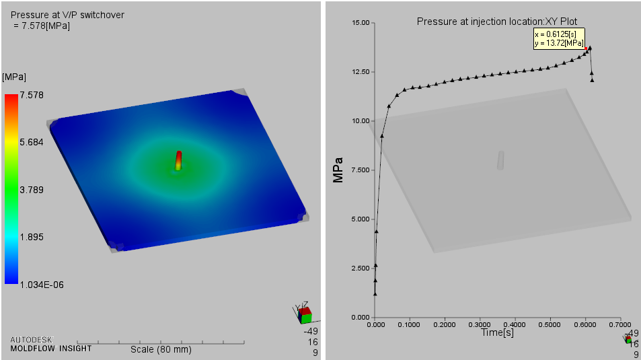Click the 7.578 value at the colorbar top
pos(31,96)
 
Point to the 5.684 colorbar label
pos(31,143)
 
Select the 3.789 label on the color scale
pos(31,190)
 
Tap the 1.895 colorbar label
pos(31,238)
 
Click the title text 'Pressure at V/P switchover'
pos(67,15)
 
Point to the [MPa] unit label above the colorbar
pos(14,77)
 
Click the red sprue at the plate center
pos(179,158)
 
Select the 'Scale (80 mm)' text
pos(160,349)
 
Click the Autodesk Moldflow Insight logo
pos(50,344)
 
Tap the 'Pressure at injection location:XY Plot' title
pos(496,22)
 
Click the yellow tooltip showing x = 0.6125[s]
pos(559,38)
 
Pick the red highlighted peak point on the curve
pos(589,48)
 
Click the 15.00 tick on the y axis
pos(361,23)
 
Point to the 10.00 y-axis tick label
pos(361,121)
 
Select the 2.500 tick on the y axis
pos(361,268)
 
